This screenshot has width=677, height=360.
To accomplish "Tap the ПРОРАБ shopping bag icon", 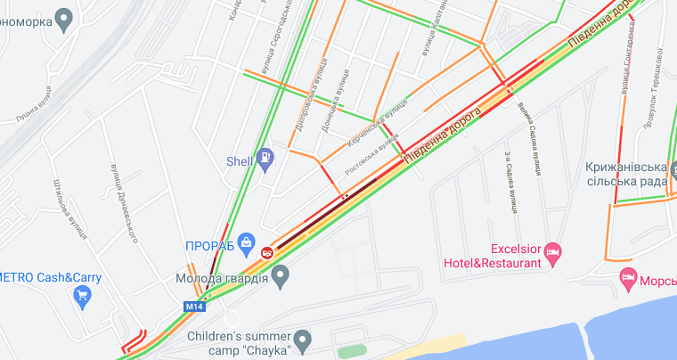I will (x=248, y=241).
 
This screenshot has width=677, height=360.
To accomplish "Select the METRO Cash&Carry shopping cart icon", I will (x=84, y=297).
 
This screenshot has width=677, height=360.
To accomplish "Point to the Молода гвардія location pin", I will (x=281, y=277).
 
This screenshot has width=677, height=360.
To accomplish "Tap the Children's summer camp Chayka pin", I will (x=303, y=340).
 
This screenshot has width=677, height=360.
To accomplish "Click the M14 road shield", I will (x=194, y=307).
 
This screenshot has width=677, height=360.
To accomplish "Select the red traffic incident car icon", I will (x=265, y=253).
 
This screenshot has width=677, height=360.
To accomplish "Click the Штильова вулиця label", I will (x=69, y=209).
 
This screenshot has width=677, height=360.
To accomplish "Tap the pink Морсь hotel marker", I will (x=629, y=278).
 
